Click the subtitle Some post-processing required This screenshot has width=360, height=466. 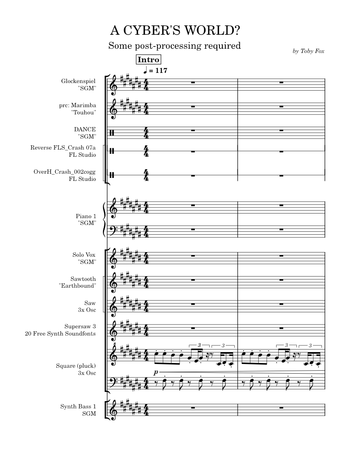coord(174,45)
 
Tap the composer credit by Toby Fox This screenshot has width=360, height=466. coord(309,51)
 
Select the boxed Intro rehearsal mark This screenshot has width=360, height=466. coord(148,60)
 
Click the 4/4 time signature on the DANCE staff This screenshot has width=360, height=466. coord(146,132)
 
